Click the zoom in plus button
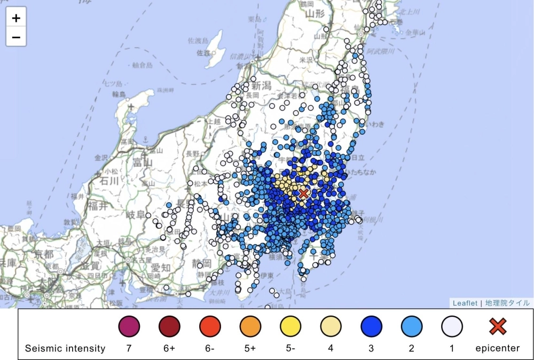coord(16,18)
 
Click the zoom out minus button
coord(16,37)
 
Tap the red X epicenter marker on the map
coord(304,193)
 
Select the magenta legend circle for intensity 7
coord(129,326)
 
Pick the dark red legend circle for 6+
coord(169,326)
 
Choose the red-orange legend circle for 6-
coord(210,326)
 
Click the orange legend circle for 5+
coord(250,326)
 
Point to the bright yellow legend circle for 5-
coord(290,326)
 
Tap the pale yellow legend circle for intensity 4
coord(331,326)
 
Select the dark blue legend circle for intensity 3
coord(371,326)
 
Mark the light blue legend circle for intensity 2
coord(412,326)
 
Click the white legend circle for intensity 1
coord(452,326)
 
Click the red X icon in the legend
coord(498,326)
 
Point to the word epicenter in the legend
coord(498,348)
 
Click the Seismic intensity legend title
coord(65,348)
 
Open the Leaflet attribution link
coord(465,303)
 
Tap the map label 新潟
coord(262,85)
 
